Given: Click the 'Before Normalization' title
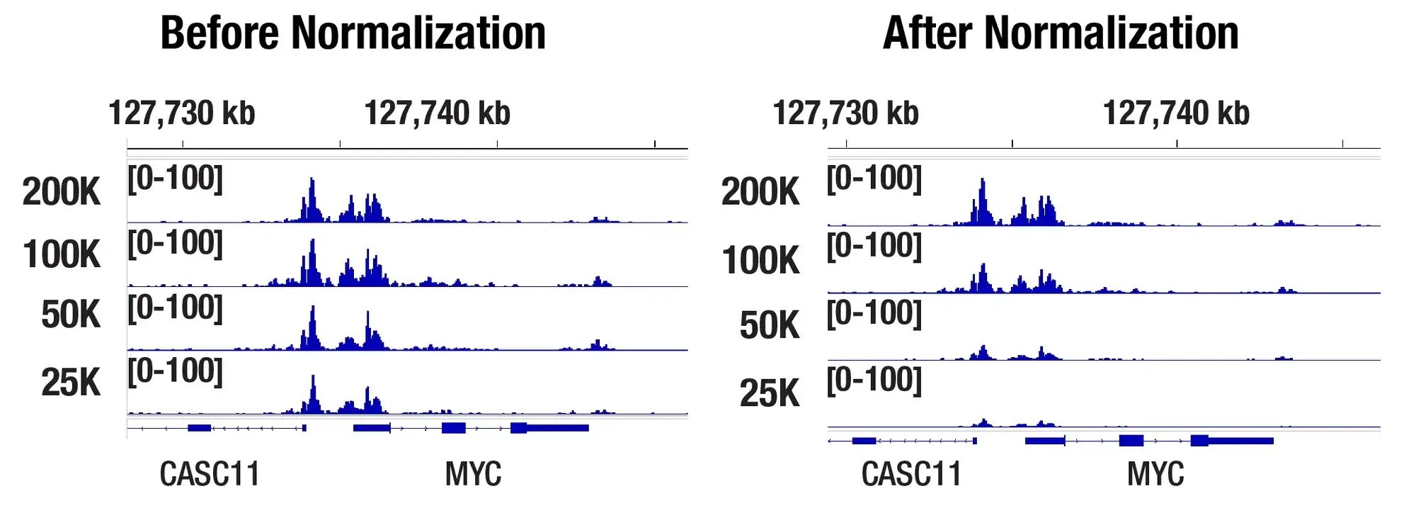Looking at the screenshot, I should (x=353, y=33).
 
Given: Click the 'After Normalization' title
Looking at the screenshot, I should (x=1061, y=33).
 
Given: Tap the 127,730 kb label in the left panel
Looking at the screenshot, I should (x=181, y=113).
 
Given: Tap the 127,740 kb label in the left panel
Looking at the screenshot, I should (x=437, y=113).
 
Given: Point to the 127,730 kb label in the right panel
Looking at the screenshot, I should (x=845, y=113).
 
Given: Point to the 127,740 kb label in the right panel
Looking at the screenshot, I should (x=1176, y=113).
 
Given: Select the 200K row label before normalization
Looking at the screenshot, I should (x=62, y=192).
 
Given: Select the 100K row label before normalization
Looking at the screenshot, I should (x=62, y=254).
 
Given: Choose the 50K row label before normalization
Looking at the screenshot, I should (x=71, y=315).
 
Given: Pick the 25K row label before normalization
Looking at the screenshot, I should (x=71, y=383).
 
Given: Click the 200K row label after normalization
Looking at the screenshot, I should (x=760, y=192).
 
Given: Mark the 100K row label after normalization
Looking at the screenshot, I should (x=760, y=260).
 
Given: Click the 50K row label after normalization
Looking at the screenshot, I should (x=770, y=325).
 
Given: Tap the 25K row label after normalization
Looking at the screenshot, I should (x=770, y=393).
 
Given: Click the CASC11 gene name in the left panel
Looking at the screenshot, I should (x=210, y=474).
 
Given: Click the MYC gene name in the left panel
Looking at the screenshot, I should (x=473, y=474).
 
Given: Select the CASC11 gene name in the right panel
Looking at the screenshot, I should (x=911, y=474).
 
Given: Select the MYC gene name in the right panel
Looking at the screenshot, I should (x=1155, y=474).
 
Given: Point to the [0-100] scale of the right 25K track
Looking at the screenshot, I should (x=874, y=380).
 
